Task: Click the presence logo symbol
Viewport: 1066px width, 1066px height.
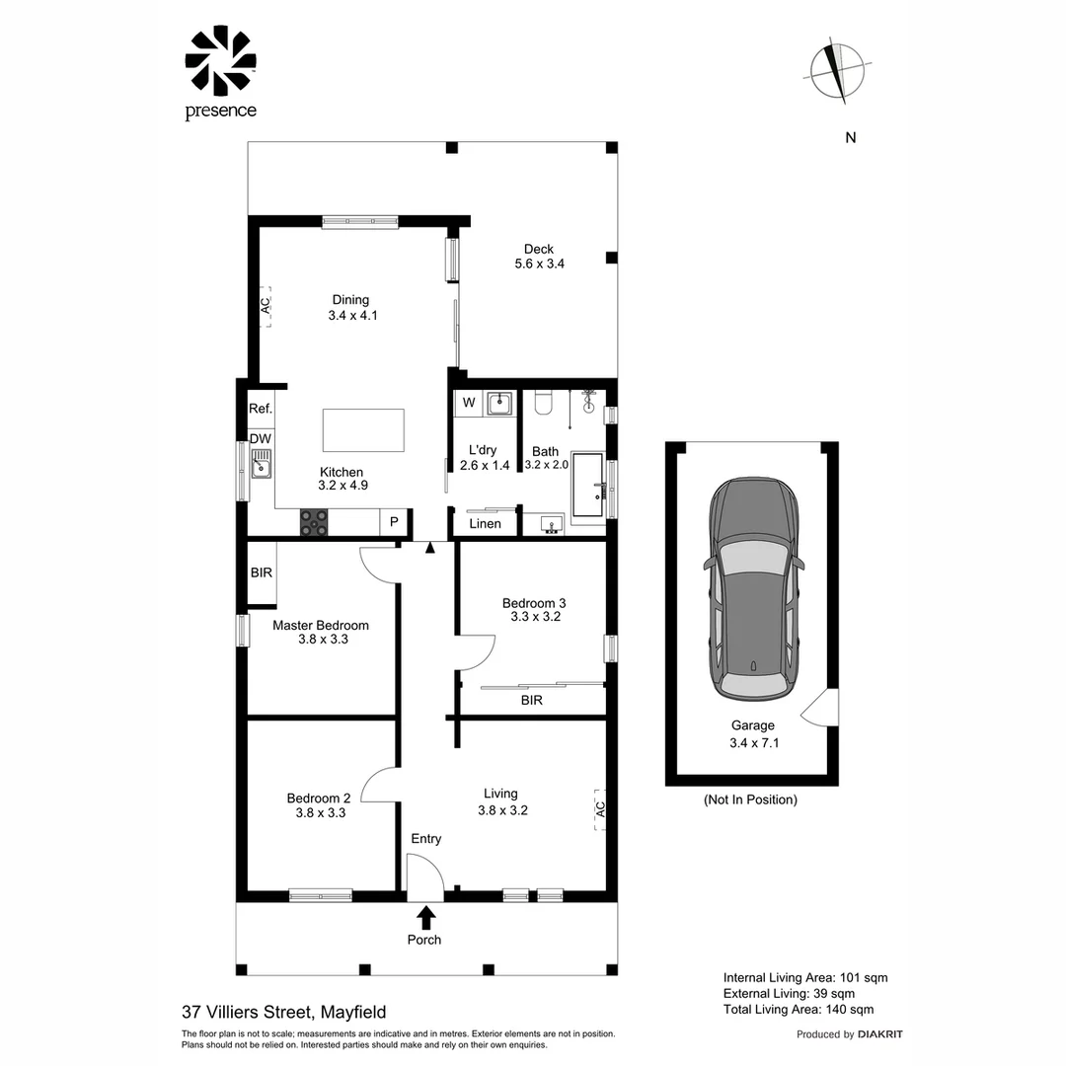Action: point(220,60)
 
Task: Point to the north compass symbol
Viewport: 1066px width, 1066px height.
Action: point(838,72)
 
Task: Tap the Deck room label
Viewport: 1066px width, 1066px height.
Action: point(539,249)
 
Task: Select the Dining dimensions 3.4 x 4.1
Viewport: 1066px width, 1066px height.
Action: point(352,316)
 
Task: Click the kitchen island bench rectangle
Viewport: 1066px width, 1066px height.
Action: point(363,430)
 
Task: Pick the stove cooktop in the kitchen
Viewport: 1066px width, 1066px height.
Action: point(314,523)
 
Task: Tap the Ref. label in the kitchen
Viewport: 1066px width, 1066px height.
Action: point(261,409)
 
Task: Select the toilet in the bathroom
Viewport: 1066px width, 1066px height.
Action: point(543,403)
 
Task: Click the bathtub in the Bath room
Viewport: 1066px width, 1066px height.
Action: point(588,486)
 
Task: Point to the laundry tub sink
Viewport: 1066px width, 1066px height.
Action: point(499,403)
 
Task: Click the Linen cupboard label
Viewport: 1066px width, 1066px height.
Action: point(485,524)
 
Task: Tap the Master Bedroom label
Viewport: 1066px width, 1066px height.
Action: point(321,626)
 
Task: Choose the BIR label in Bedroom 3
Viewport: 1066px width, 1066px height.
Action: point(532,700)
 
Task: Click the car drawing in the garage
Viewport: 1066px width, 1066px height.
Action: point(753,589)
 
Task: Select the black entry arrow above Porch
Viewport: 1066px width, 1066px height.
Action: point(426,917)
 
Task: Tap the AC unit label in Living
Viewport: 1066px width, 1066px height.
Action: point(600,809)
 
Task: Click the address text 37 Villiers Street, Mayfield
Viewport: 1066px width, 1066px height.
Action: point(284,1013)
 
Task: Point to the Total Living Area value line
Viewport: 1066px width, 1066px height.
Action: point(799,1010)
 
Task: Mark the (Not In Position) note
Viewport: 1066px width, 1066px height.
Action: point(750,800)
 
